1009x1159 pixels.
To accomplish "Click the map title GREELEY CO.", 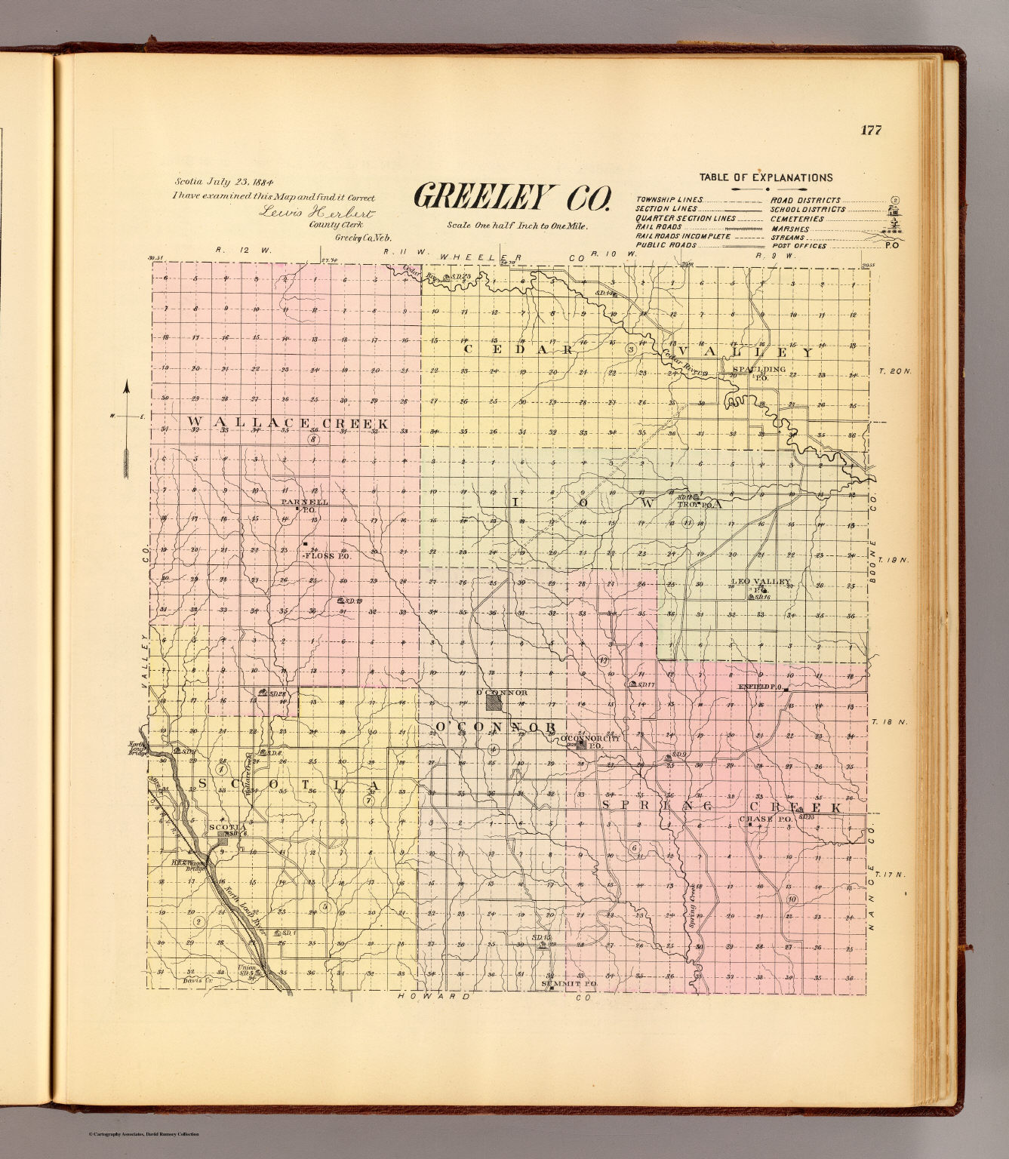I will pos(511,198).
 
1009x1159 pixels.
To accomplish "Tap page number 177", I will pos(870,130).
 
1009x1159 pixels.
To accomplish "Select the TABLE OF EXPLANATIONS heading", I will pos(765,178).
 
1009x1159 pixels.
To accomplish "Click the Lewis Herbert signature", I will pos(316,212).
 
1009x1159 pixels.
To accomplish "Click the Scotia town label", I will pos(223,827).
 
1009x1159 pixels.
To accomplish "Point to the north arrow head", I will pos(127,389).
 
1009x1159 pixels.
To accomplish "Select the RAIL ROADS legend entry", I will pos(658,226).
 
